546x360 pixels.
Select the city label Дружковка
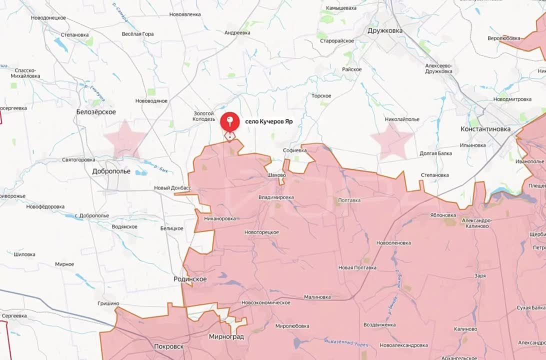(384, 30)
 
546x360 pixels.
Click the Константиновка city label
(485, 129)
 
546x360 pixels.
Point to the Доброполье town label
(111, 171)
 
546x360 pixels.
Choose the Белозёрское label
(96, 112)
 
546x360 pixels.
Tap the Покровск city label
(168, 346)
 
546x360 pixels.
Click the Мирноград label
(226, 336)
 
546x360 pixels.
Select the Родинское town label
(190, 279)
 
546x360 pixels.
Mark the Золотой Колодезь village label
(204, 116)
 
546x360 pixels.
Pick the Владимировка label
(276, 197)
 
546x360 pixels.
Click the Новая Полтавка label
(357, 267)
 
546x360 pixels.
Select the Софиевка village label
(294, 150)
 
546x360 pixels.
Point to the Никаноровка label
(220, 218)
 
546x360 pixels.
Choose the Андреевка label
(237, 32)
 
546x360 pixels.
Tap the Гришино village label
(108, 303)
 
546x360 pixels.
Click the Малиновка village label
(317, 297)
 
